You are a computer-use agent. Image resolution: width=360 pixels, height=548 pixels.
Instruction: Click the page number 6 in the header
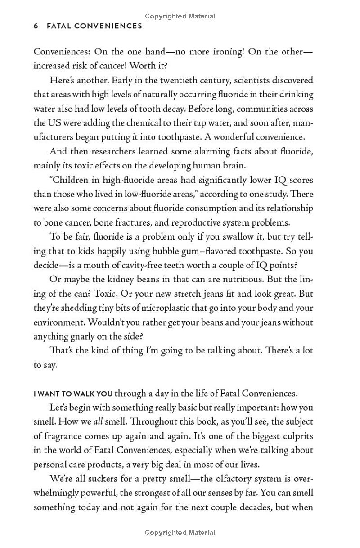click(36, 26)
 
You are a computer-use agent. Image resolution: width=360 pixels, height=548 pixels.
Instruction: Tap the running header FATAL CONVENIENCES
click(94, 26)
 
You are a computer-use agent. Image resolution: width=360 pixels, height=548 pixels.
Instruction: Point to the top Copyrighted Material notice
click(180, 16)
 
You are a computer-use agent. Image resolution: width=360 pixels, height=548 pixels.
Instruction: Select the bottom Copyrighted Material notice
click(180, 533)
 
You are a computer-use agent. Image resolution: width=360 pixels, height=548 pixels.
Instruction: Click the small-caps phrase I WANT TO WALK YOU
click(73, 394)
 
